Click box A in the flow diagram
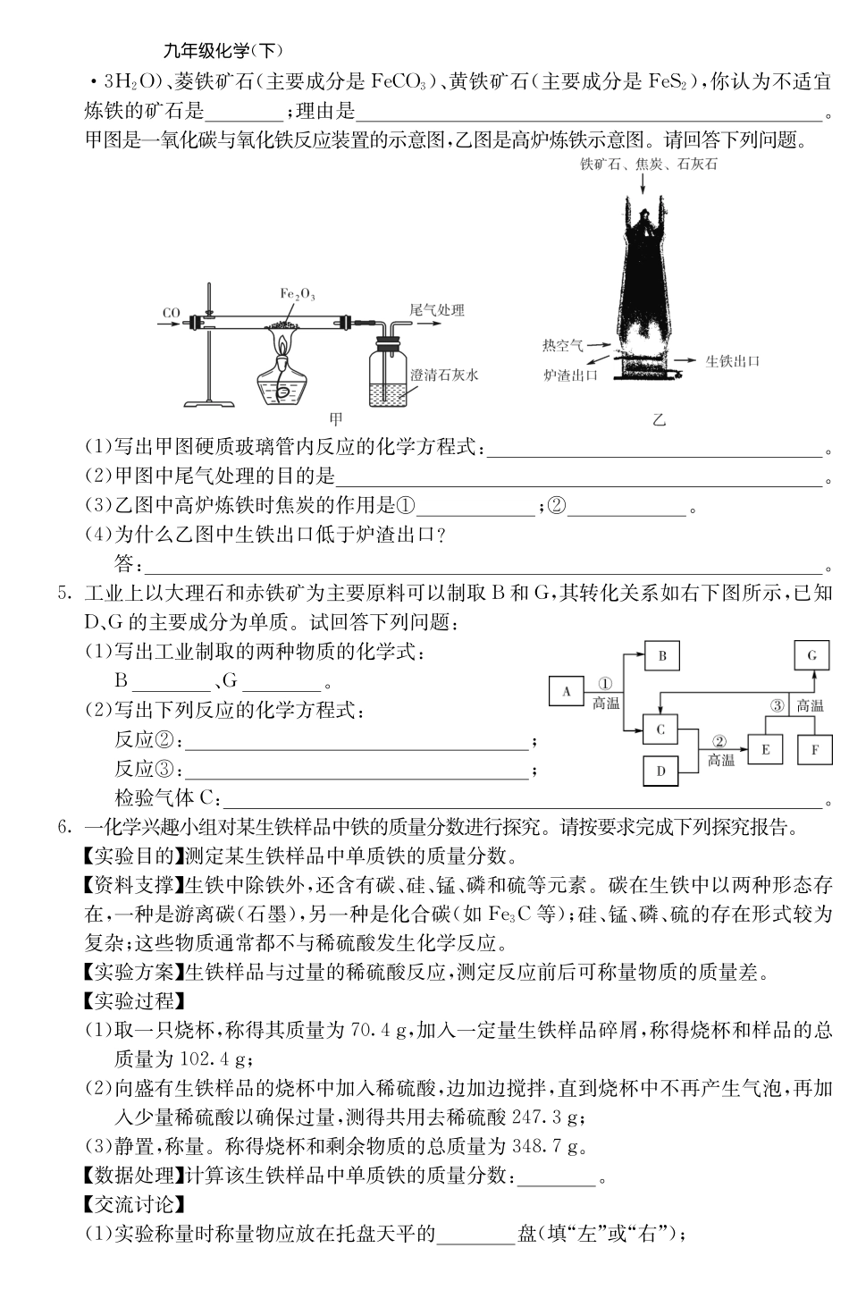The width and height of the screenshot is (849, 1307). coord(566,691)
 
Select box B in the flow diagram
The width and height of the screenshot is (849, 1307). coord(662,656)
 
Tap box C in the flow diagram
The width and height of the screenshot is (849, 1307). coord(660,729)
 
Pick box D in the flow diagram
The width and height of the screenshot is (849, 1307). coord(660,771)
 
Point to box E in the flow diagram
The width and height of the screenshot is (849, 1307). coord(765,749)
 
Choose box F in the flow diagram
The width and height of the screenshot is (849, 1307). coord(814,749)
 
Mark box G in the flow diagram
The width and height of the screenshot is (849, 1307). coord(811,655)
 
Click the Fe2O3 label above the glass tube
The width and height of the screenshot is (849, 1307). coord(298,293)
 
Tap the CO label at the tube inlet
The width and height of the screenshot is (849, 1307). coord(172,313)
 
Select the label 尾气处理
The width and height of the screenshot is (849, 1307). coord(436,310)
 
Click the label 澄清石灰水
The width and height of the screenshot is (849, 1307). coord(444,375)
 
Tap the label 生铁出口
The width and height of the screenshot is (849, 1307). coord(732,360)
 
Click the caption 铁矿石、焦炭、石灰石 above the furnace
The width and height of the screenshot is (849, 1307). coord(648,164)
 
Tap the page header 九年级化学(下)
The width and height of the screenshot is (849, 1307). coord(213,52)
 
